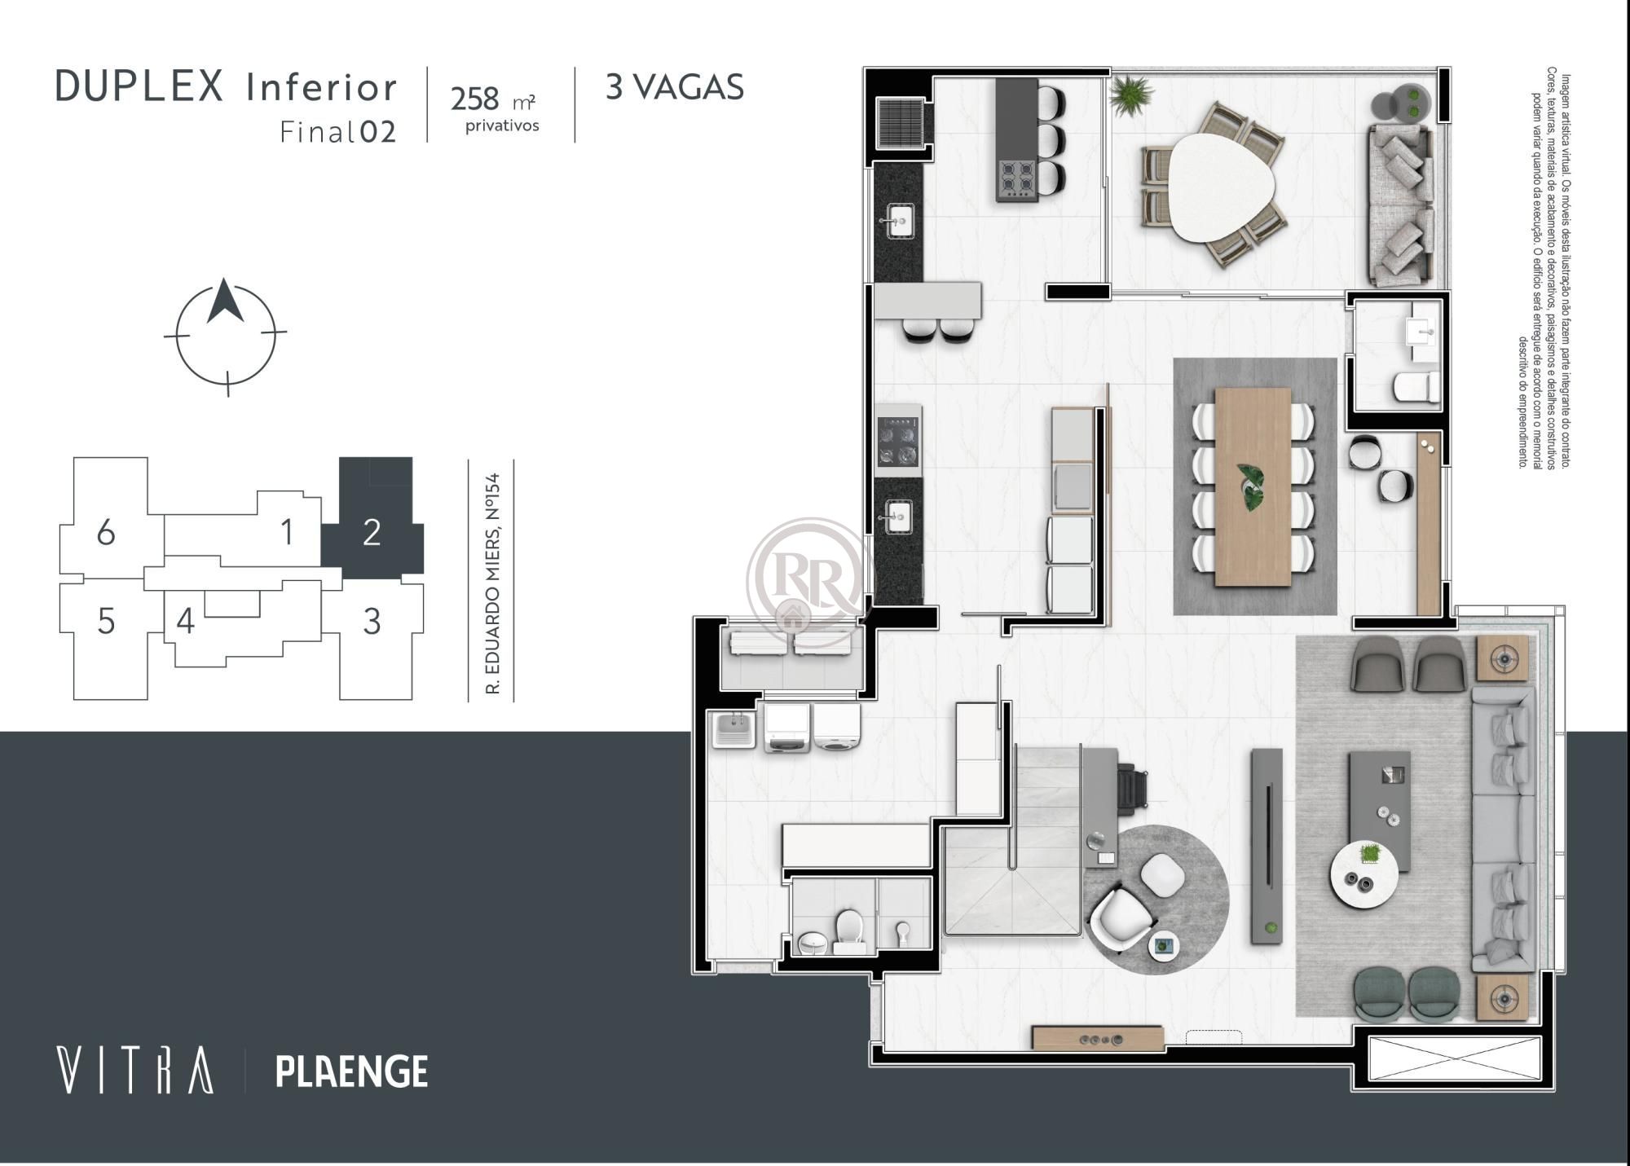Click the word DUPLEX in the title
point(139,86)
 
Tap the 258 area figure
point(474,99)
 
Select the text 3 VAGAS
point(674,87)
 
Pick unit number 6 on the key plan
point(106,533)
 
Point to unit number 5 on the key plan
point(106,622)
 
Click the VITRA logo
point(135,1070)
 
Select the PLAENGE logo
point(351,1071)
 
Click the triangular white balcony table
point(1211,187)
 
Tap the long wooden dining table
point(1253,486)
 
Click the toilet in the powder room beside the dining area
point(1416,386)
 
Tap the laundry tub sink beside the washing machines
point(735,728)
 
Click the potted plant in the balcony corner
point(1131,95)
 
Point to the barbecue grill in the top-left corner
point(900,122)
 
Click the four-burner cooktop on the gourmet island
point(1017,178)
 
